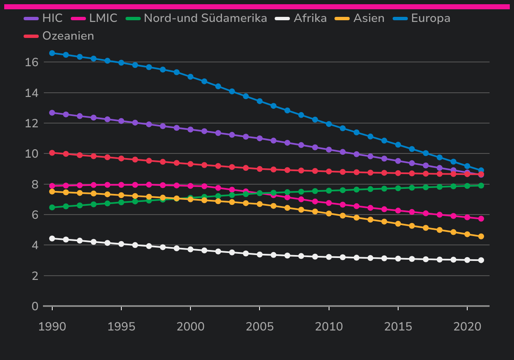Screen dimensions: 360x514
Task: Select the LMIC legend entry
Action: [x=103, y=19]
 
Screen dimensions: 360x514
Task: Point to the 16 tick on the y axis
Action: [x=32, y=62]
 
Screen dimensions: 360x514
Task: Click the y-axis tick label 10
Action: [x=32, y=154]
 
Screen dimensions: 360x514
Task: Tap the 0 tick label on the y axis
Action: [x=35, y=306]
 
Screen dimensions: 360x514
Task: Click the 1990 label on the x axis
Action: [x=52, y=327]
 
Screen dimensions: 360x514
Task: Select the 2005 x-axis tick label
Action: [x=260, y=327]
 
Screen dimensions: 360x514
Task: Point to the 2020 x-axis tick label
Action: [x=467, y=327]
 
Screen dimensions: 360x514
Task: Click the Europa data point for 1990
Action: [x=52, y=53]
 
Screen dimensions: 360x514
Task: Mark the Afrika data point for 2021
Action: [x=481, y=260]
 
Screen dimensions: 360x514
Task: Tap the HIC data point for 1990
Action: [x=52, y=113]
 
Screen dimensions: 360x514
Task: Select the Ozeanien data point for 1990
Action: [x=52, y=153]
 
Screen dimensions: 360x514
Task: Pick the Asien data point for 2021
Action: [x=481, y=236]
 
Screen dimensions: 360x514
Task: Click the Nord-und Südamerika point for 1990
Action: [x=52, y=207]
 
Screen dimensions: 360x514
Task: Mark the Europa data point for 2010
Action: [x=329, y=124]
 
